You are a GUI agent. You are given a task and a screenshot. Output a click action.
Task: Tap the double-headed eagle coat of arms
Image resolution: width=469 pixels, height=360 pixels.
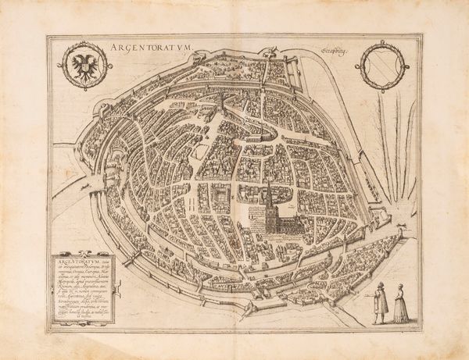[81, 66]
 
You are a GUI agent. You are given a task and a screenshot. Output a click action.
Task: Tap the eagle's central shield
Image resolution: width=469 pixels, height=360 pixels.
[81, 66]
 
